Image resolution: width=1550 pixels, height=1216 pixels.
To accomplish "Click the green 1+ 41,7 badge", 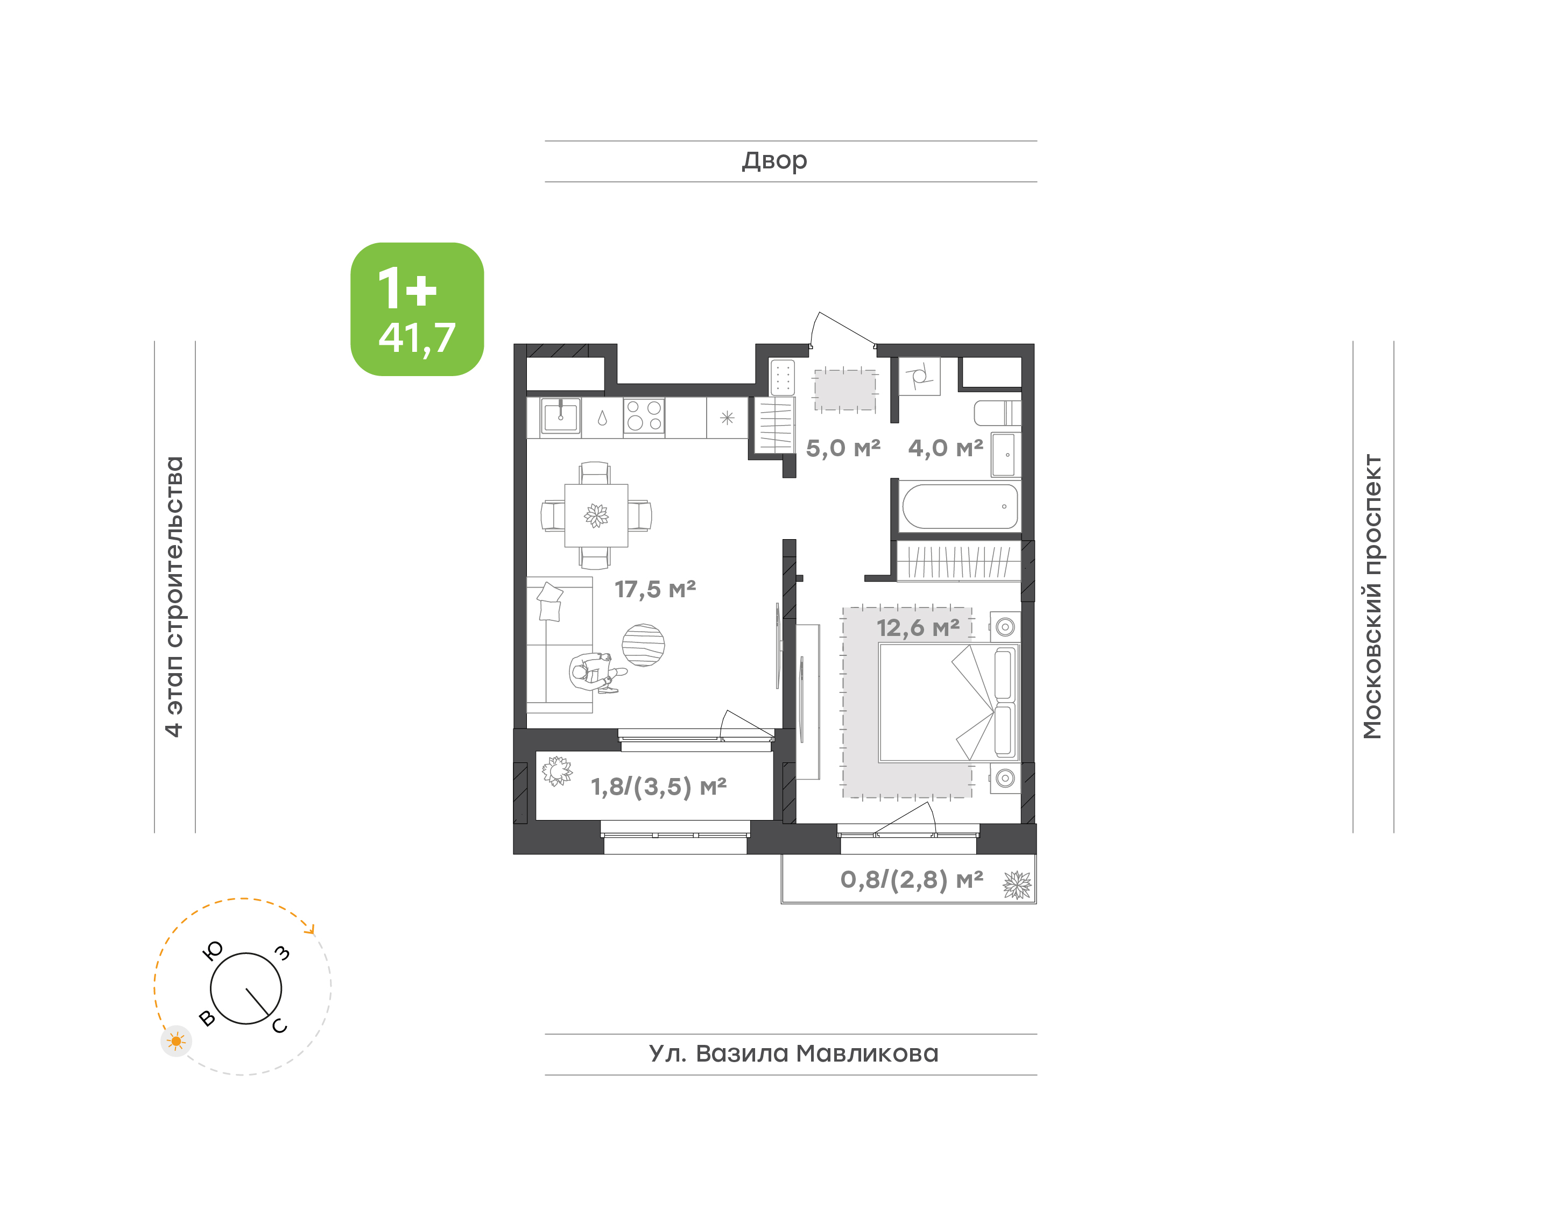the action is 417,309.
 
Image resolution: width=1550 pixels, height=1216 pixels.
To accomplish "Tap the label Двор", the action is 774,161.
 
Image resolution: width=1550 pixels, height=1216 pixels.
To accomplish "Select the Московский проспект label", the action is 1372,597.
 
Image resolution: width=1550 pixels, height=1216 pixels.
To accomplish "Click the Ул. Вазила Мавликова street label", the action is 793,1054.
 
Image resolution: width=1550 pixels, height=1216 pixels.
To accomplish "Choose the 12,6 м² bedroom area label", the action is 918,627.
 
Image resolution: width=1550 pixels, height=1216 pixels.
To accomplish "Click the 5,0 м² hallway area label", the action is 843,448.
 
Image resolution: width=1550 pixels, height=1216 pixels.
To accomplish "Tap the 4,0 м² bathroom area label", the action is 946,448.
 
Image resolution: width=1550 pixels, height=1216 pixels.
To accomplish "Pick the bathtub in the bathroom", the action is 959,507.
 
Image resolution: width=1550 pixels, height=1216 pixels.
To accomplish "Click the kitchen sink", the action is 560,416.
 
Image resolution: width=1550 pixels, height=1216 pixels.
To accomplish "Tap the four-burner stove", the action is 644,416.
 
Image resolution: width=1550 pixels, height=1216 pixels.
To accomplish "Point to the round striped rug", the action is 643,645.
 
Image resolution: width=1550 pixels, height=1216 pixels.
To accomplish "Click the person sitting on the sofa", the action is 595,672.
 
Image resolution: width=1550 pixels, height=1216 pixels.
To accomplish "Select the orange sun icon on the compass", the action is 176,1042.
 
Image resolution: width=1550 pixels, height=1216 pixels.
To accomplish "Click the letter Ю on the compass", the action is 213,950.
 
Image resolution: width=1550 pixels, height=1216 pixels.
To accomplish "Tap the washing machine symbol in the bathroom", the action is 919,376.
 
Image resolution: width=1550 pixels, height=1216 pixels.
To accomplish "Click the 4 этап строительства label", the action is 174,597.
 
